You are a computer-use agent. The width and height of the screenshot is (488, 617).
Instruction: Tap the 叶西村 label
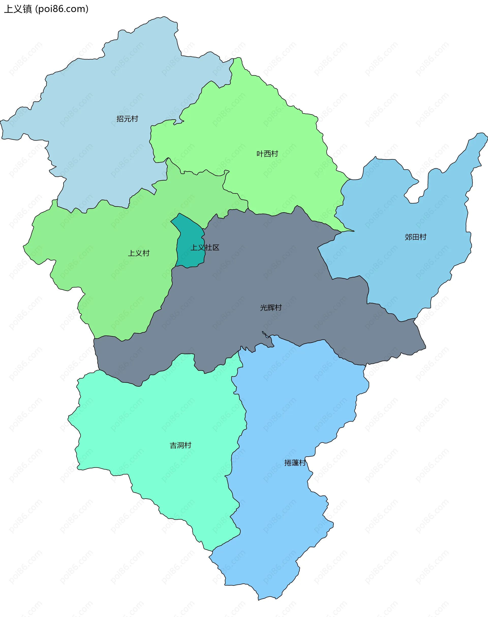267,154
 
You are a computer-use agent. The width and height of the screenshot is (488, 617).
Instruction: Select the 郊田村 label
415,237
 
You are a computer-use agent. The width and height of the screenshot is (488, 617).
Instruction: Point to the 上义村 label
139,253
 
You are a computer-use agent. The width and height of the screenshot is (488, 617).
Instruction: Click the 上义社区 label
205,247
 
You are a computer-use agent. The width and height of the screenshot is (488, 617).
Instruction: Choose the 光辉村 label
271,307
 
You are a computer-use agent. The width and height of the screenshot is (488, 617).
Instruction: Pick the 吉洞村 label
180,445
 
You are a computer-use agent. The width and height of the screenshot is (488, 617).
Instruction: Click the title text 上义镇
18,9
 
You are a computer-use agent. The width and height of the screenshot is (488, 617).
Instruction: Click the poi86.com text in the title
62,9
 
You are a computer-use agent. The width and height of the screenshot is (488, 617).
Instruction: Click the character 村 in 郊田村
423,237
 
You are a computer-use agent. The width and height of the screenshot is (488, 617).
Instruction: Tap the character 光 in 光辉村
263,307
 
